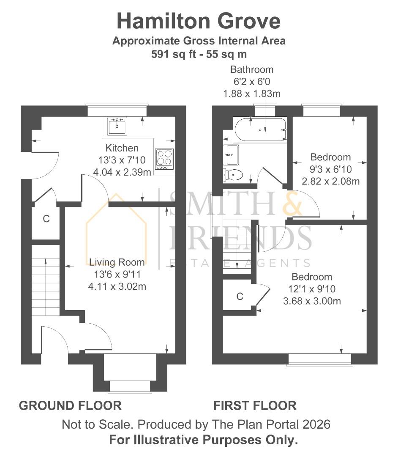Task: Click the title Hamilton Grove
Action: point(199,21)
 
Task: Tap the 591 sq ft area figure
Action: point(174,54)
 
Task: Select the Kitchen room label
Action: point(122,148)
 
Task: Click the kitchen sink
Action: point(117,126)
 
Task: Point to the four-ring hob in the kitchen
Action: point(164,159)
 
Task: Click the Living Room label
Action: point(117,262)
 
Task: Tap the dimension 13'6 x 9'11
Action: point(117,274)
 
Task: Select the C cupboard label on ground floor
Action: point(46,219)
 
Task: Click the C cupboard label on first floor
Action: point(240,296)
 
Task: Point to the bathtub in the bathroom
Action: point(260,129)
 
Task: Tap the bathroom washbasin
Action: point(231,155)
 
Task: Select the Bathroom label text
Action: point(252,69)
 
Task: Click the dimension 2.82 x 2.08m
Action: point(331,181)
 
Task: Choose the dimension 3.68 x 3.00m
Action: point(312,301)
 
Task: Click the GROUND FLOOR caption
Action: point(70,406)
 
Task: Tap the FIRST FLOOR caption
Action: point(255,406)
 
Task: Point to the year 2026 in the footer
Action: point(316,424)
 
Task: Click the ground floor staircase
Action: point(46,280)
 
